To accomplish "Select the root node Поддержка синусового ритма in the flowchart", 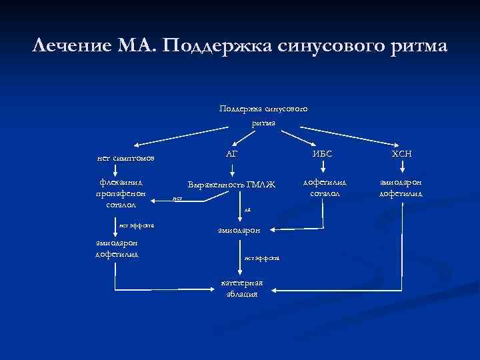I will [x=263, y=115].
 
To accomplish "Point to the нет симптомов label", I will [x=126, y=158].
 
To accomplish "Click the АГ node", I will [x=232, y=154].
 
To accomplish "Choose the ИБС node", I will [x=322, y=154].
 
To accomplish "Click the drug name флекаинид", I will [x=121, y=181].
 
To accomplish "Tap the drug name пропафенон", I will [x=121, y=193].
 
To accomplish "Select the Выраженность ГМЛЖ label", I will [x=231, y=184].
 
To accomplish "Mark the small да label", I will [x=247, y=209].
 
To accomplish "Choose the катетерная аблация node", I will [x=241, y=288].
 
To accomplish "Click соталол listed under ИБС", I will [x=325, y=193].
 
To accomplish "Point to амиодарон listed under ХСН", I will [x=401, y=181].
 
